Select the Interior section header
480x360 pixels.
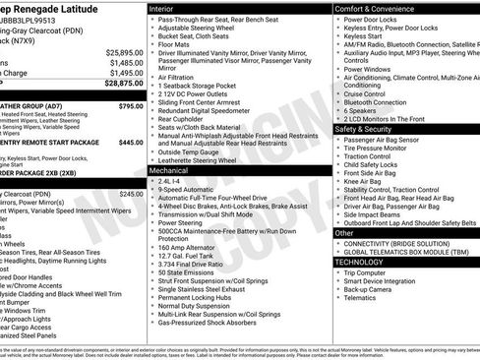163,8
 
